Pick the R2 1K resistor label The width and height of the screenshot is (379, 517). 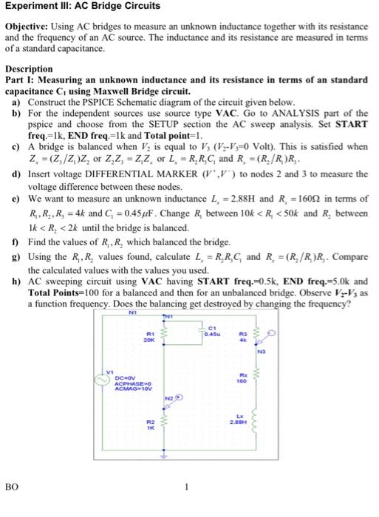point(150,426)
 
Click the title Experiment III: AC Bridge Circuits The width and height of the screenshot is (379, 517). point(82,7)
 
